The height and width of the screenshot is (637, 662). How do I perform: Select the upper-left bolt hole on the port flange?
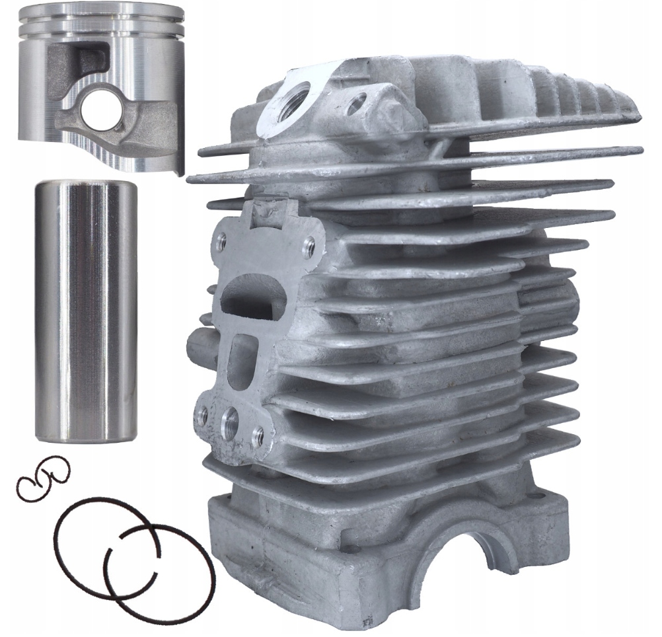pyautogui.click(x=221, y=243)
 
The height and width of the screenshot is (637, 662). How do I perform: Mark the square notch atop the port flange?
pyautogui.click(x=270, y=210)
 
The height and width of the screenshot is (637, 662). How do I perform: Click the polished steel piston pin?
pyautogui.click(x=85, y=311)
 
